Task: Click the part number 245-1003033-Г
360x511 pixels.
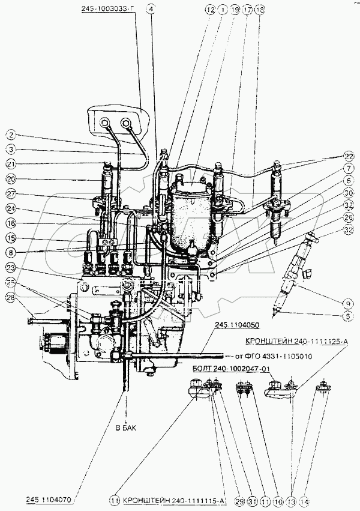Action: (110, 10)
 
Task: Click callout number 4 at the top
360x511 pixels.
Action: (151, 10)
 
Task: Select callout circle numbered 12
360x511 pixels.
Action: (209, 10)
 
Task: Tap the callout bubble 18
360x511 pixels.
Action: (260, 10)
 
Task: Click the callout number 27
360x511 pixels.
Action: (10, 193)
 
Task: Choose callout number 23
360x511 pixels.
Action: (10, 268)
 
